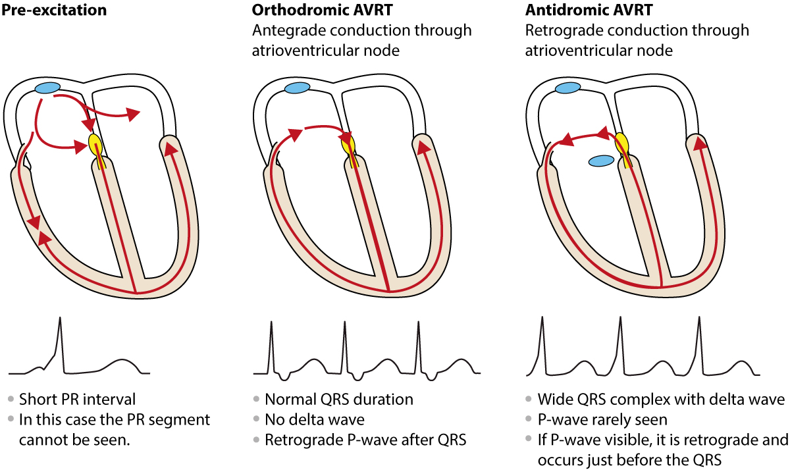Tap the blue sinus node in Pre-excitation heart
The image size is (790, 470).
47,88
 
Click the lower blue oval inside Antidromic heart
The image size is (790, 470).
602,161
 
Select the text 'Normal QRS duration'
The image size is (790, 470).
338,400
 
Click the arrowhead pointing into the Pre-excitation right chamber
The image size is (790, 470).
134,115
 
